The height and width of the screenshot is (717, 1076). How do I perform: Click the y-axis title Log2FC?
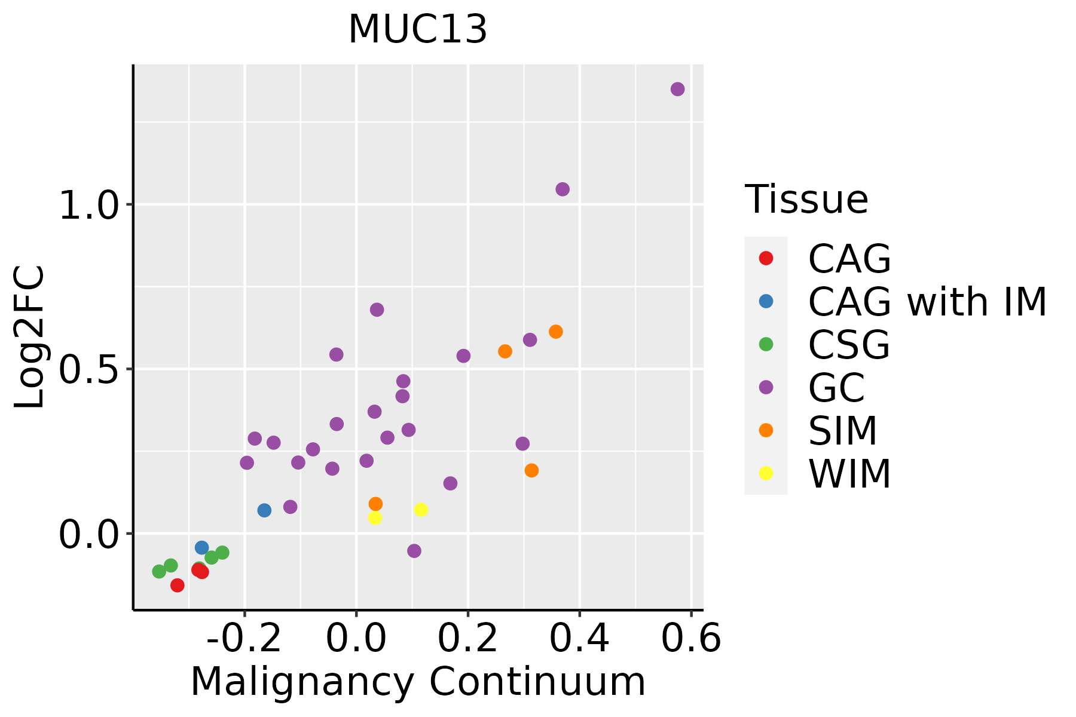coord(30,338)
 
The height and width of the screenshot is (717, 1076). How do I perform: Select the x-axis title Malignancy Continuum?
coord(418,682)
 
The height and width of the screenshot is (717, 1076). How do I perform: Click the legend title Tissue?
coord(806,200)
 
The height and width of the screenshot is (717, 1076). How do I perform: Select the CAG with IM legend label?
coord(927,302)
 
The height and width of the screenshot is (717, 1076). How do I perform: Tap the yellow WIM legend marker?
coord(766,473)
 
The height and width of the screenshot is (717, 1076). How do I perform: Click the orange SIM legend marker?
coord(766,430)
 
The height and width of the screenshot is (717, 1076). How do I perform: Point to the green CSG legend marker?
coord(766,344)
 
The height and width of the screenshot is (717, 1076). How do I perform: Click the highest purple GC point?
coord(677,89)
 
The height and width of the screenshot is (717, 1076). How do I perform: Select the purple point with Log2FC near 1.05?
coord(563,189)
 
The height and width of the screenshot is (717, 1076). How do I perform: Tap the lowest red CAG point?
coord(177,585)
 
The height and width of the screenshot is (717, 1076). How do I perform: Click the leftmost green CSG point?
coord(159,571)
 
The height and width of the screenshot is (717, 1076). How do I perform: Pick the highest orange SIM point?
coord(556,332)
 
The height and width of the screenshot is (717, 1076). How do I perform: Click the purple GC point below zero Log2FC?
coord(414,551)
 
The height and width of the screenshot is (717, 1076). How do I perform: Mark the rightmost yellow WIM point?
coord(421,510)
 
